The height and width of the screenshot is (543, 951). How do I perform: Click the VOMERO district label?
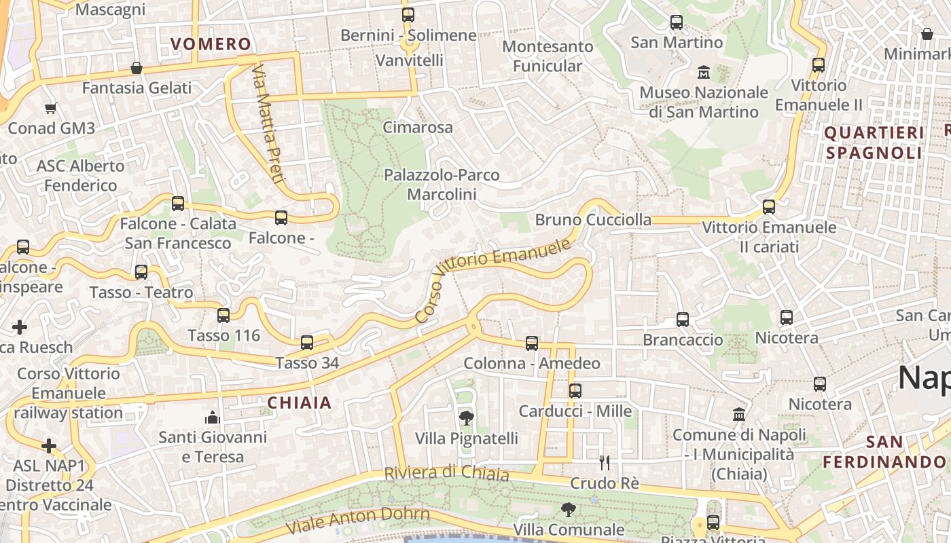click(x=211, y=44)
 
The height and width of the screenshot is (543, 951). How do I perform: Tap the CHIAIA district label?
click(x=300, y=402)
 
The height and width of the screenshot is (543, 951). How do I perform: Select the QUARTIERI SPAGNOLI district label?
click(x=874, y=143)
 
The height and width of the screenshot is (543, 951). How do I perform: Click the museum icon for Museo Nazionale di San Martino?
click(x=703, y=72)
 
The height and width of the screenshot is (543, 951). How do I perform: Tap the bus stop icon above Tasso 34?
click(x=307, y=343)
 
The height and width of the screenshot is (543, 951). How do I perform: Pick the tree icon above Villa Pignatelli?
click(x=466, y=417)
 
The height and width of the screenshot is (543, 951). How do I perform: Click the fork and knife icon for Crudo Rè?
click(x=605, y=463)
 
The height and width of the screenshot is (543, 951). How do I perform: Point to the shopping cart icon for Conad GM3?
click(x=50, y=108)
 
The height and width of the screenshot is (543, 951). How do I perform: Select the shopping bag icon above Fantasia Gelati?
click(x=137, y=68)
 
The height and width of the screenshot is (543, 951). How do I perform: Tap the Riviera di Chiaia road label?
click(x=447, y=472)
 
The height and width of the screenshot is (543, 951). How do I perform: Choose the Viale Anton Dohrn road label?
click(x=358, y=521)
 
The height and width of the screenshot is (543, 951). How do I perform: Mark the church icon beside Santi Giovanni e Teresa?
click(x=213, y=417)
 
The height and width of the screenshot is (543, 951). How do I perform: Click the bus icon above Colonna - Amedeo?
click(x=532, y=343)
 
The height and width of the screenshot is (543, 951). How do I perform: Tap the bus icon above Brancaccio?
click(x=683, y=319)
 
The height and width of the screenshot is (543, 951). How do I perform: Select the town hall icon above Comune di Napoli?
click(x=739, y=414)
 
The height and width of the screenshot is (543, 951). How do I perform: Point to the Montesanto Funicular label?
click(x=548, y=56)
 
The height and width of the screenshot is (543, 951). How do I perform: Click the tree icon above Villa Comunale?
click(x=569, y=509)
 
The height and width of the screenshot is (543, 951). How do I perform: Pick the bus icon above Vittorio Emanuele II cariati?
click(x=769, y=207)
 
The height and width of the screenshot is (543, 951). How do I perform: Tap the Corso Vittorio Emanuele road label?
click(x=493, y=280)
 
